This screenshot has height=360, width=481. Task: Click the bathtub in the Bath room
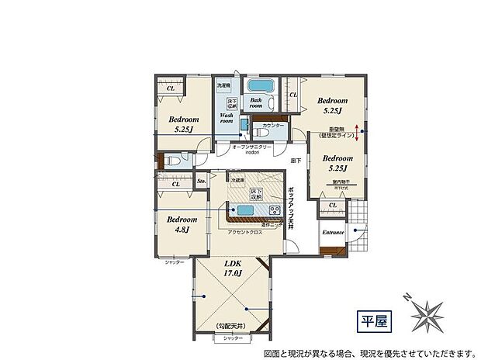point(259,86)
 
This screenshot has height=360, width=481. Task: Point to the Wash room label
point(227,118)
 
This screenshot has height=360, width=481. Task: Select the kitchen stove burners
point(274,211)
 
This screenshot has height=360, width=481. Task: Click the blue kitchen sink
point(245,211)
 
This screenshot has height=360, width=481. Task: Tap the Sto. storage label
point(201,182)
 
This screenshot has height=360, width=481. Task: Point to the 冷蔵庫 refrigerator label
point(236,179)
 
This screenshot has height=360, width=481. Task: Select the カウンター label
point(273,125)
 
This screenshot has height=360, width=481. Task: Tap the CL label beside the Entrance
point(332,205)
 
